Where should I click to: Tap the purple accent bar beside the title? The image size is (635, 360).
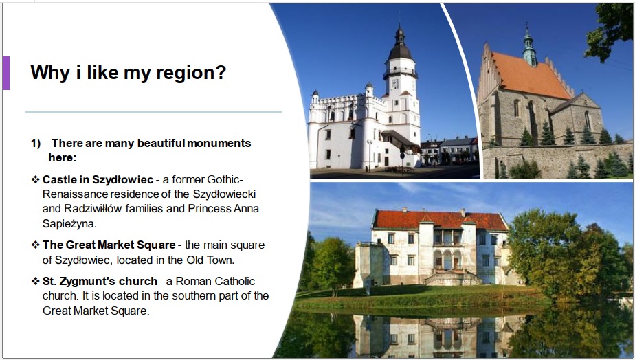coord(5,73)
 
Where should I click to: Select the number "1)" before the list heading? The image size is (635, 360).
coord(36,143)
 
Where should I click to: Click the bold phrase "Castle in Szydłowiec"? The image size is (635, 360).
coord(98,179)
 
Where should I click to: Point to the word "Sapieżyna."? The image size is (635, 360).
coord(69,223)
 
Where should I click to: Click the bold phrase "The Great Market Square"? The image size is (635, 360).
coord(109,245)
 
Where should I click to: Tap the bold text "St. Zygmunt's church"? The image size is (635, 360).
coord(100,281)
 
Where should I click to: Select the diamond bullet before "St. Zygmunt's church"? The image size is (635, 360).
coord(36,281)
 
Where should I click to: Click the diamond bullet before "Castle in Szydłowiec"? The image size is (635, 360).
coord(36,179)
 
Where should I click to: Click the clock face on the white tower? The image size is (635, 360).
coord(395,84)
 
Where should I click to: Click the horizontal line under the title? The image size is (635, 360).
coord(154,112)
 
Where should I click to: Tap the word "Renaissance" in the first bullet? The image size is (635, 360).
coord(76,194)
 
